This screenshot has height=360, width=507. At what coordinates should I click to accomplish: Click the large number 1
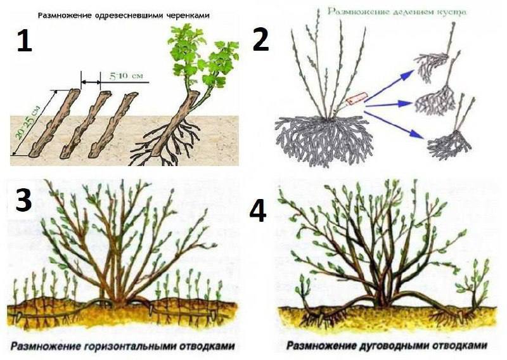click(25, 41)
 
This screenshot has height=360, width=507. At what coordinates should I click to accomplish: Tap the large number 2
click(260, 40)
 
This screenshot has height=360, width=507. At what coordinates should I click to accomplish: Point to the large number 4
click(259, 211)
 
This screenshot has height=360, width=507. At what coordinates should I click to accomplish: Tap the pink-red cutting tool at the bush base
click(356, 98)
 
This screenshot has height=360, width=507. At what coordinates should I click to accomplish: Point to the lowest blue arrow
click(394, 125)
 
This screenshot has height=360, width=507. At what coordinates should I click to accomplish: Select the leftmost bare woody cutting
click(55, 122)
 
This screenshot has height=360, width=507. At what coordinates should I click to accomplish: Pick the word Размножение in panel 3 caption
click(46, 346)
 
